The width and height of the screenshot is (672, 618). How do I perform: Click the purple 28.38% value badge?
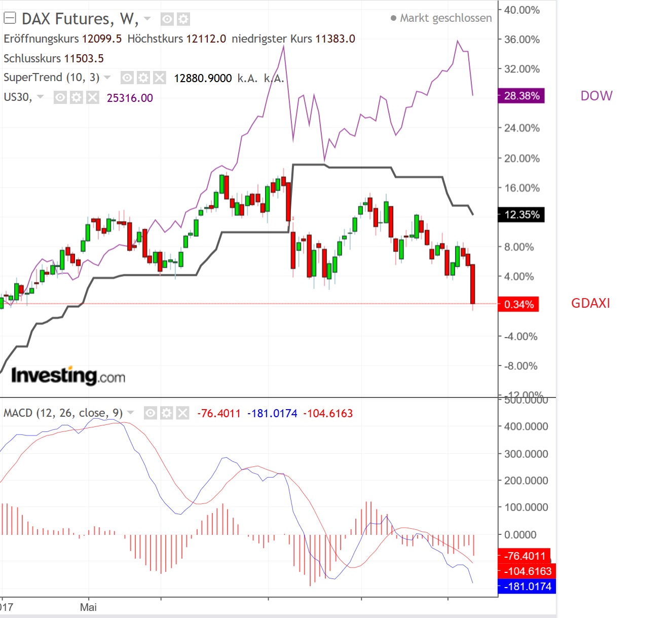click(521, 96)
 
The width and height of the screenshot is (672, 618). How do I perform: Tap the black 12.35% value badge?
click(521, 214)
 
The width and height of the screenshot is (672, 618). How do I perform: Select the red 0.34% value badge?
click(518, 304)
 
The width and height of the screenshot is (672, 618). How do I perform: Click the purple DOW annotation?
click(596, 96)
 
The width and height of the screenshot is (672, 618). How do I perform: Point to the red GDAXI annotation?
click(590, 303)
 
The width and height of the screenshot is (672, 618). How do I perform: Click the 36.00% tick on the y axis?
click(521, 40)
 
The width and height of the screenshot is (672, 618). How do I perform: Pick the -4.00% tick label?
click(520, 337)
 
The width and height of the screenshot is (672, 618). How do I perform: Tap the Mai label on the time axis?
click(88, 607)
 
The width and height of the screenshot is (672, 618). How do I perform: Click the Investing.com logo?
click(68, 376)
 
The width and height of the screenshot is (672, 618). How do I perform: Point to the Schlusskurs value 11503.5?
click(84, 58)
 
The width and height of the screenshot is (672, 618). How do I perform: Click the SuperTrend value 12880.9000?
click(203, 78)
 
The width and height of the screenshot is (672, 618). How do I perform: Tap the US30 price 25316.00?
click(130, 98)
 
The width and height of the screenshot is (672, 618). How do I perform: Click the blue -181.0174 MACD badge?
click(527, 587)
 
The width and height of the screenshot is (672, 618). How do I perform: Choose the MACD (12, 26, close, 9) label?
click(63, 413)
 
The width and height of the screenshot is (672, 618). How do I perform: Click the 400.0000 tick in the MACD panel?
click(526, 426)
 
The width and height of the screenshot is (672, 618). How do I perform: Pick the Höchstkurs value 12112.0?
click(206, 39)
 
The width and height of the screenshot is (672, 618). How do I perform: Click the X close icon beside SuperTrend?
click(160, 78)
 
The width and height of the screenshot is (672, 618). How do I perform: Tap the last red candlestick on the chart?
click(473, 284)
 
